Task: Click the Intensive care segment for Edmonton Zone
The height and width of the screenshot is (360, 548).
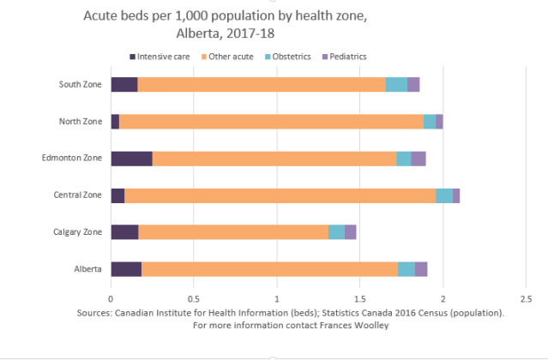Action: click(x=131, y=159)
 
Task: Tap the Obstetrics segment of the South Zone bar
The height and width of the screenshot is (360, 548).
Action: click(x=396, y=84)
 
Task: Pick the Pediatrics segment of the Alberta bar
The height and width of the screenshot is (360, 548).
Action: click(x=421, y=269)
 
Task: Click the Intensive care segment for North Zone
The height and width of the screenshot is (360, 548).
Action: click(x=115, y=121)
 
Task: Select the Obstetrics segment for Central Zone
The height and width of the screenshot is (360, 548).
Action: click(x=444, y=195)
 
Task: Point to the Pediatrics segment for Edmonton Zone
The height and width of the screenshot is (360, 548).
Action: click(x=419, y=159)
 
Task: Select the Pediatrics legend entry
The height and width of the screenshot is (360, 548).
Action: click(x=346, y=57)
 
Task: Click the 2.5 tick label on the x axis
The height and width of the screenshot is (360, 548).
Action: click(x=525, y=298)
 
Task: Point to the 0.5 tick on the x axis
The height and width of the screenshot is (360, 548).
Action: click(x=194, y=298)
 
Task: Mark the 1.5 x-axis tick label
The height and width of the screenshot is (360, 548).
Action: click(x=359, y=298)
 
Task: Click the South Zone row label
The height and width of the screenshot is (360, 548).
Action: click(x=81, y=84)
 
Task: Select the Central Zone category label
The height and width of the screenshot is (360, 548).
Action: click(x=78, y=195)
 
